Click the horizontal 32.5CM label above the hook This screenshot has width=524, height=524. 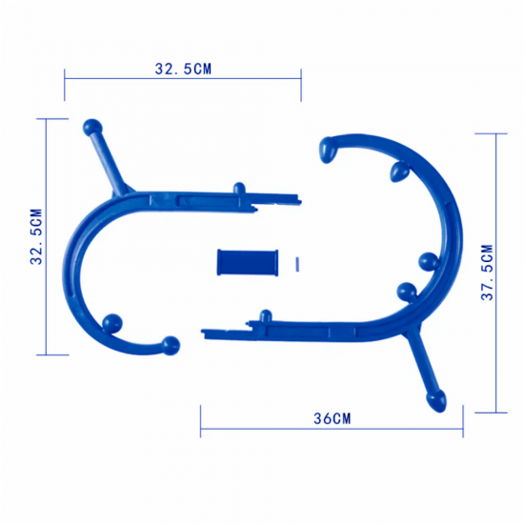[x=183, y=69]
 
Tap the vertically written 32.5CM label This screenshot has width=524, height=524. [x=36, y=236]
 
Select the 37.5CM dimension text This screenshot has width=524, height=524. [x=487, y=272]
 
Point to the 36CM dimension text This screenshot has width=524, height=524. [x=333, y=418]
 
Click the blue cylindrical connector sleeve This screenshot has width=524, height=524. [x=248, y=262]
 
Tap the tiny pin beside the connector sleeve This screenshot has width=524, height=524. [x=297, y=264]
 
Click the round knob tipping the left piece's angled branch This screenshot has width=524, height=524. [x=92, y=128]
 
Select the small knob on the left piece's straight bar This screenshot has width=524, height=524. [x=239, y=188]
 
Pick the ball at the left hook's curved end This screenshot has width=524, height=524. [x=171, y=346]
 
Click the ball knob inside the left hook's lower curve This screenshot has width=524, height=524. [x=112, y=324]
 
